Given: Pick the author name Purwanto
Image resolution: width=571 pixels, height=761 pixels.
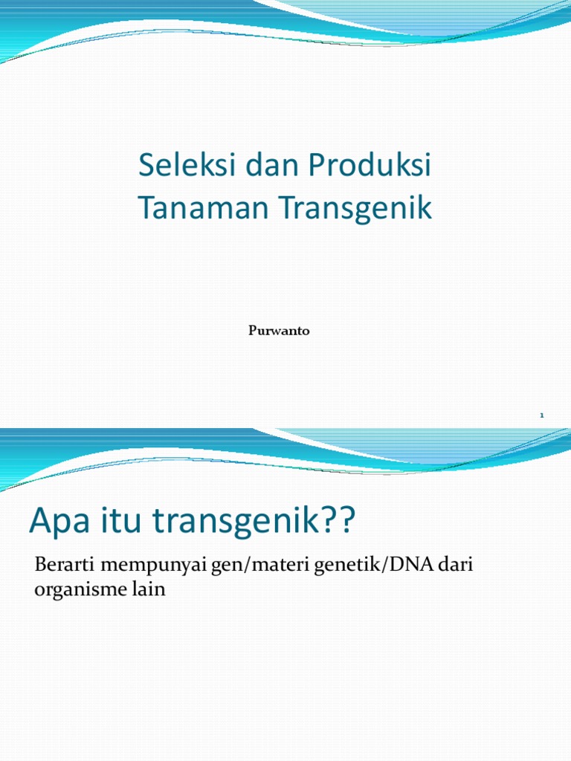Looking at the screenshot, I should (x=279, y=331).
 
